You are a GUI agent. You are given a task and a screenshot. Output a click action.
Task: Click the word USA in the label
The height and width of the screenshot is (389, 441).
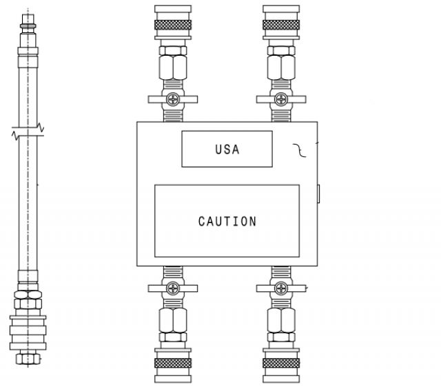pyautogui.click(x=227, y=149)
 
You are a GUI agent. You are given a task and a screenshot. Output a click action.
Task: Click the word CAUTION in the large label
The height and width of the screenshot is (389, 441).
pyautogui.click(x=227, y=222)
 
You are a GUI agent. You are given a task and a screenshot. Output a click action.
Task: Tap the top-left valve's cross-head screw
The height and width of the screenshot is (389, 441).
pyautogui.click(x=173, y=99)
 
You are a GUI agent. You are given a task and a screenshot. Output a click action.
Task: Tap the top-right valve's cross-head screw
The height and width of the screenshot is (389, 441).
pyautogui.click(x=281, y=99)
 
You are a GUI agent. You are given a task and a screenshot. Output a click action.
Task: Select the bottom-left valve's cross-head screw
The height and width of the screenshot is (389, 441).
pyautogui.click(x=173, y=288)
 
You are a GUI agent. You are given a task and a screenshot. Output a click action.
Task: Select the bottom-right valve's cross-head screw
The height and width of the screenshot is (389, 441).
pyautogui.click(x=281, y=288)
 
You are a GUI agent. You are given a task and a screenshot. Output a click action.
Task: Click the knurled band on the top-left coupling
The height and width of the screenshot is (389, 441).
pyautogui.click(x=173, y=25)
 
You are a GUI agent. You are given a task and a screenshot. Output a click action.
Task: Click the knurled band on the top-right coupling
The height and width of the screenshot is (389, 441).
pyautogui.click(x=281, y=25)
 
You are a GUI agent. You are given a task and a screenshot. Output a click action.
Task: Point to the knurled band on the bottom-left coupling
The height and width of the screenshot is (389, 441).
pyautogui.click(x=173, y=363)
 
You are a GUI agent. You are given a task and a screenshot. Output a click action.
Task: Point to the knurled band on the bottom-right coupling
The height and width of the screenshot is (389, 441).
pyautogui.click(x=281, y=363)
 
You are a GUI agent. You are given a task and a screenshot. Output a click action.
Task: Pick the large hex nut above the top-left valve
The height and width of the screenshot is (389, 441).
pyautogui.click(x=173, y=67)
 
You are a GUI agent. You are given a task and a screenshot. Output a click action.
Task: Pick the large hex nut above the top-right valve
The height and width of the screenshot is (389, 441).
pyautogui.click(x=281, y=67)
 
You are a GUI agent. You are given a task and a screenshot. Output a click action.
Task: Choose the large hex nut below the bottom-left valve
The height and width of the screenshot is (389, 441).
pyautogui.click(x=173, y=320)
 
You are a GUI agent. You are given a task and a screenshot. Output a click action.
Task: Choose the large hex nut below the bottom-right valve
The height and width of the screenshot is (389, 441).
pyautogui.click(x=281, y=320)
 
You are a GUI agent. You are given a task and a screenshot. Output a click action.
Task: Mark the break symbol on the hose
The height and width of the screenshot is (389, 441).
pyautogui.click(x=28, y=132)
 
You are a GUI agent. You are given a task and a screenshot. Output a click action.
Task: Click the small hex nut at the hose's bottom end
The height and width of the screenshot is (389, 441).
pyautogui.click(x=28, y=359)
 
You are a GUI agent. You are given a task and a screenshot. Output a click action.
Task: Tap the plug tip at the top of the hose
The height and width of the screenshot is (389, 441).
pyautogui.click(x=28, y=19)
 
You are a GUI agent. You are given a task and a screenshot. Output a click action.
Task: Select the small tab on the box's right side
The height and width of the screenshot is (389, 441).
pyautogui.click(x=318, y=193)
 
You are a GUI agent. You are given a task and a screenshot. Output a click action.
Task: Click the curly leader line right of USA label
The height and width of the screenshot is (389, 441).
pyautogui.click(x=300, y=150)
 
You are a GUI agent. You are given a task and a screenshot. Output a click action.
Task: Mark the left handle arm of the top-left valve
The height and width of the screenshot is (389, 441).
pyautogui.click(x=156, y=99)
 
